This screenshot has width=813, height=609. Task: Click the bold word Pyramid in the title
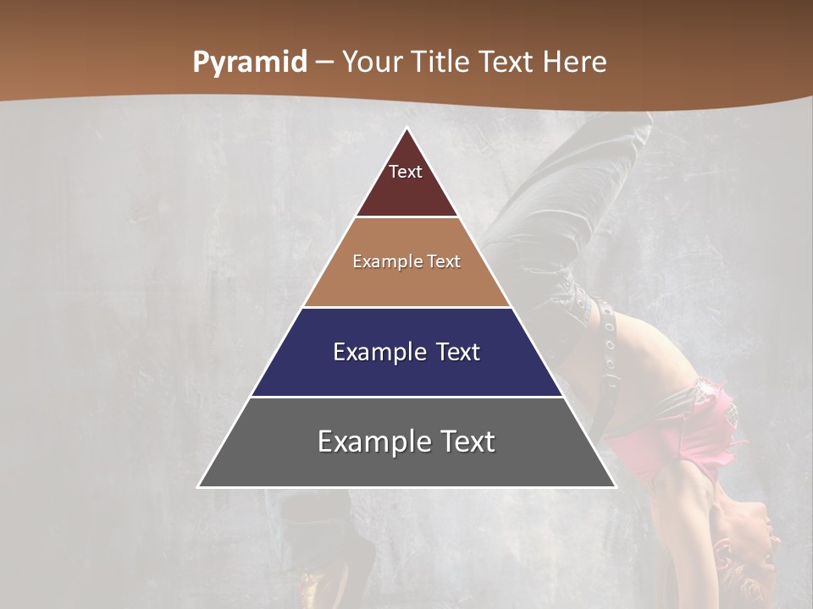coord(250,63)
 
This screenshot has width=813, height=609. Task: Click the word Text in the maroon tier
coord(406,172)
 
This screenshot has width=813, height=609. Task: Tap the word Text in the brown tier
coord(444,261)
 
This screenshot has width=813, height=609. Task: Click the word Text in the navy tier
coord(458,352)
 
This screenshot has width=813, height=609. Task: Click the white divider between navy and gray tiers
coord(406,397)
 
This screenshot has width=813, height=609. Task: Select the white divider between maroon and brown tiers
coord(406,217)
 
